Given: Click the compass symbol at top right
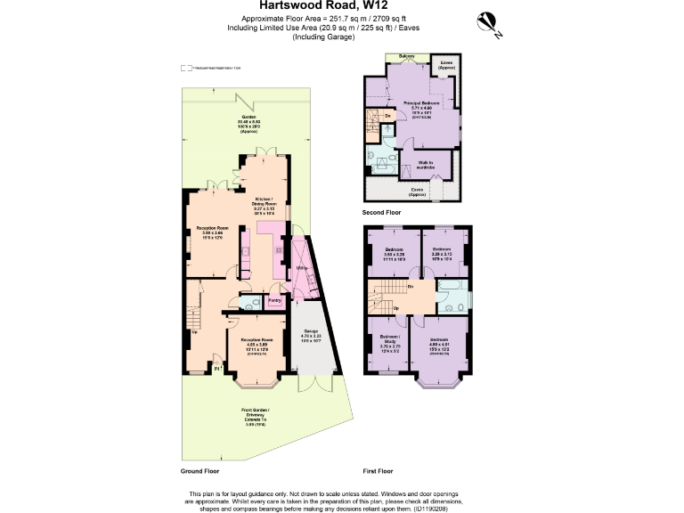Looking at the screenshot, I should click(489, 20).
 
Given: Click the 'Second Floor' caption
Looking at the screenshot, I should click(381, 214).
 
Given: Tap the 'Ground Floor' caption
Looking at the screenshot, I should click(199, 470).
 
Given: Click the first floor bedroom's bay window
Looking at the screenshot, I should click(439, 383).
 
